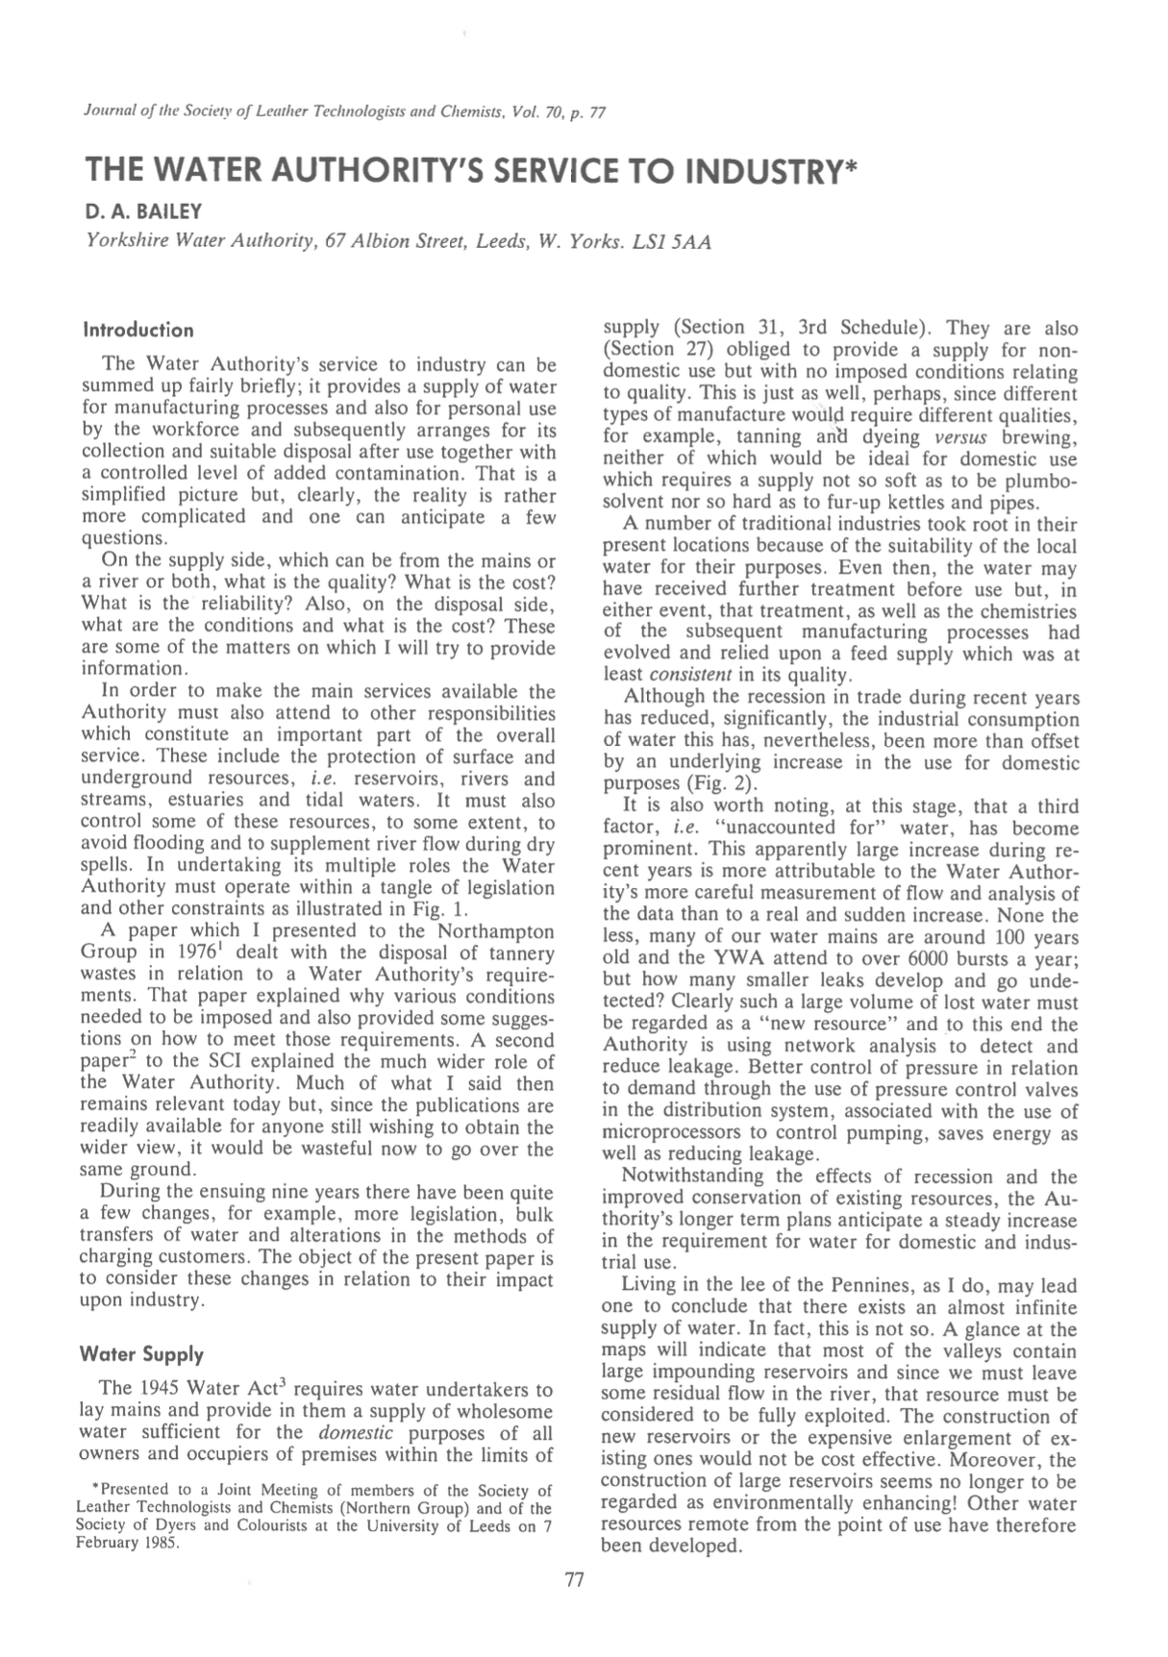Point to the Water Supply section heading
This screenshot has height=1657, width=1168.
(142, 1354)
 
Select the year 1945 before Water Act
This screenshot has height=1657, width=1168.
(158, 1391)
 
